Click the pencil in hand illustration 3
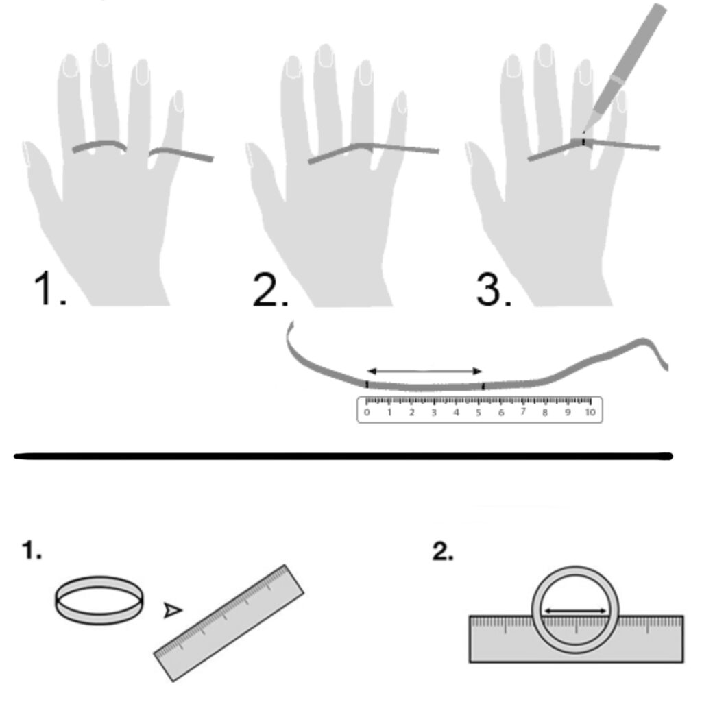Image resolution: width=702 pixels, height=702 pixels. [627, 67]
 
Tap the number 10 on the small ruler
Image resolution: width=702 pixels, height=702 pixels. [590, 412]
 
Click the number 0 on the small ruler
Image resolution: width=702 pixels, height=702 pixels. [367, 412]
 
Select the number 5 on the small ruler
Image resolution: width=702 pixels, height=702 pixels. [478, 412]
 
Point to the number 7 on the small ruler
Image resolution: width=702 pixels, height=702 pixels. [523, 412]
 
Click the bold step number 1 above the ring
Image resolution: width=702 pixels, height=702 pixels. [32, 550]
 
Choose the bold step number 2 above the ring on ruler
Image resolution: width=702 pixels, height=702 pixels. [443, 552]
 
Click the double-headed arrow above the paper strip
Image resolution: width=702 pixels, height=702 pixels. [424, 371]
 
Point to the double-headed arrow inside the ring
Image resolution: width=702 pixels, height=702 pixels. [575, 610]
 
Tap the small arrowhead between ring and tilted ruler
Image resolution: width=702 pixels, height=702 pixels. [173, 610]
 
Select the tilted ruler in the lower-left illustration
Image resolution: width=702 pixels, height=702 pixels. [229, 622]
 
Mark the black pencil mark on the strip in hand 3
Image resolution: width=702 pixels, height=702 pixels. [583, 142]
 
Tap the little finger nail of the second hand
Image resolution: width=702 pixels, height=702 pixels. [402, 102]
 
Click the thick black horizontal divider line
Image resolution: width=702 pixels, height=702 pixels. [343, 456]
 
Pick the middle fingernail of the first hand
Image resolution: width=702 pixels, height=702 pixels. [103, 55]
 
